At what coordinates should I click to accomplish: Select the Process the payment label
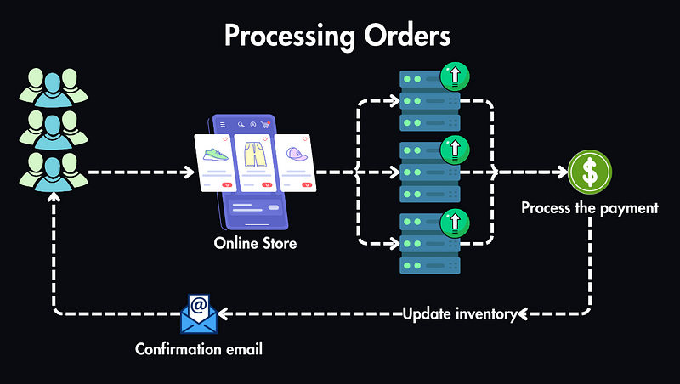(x=589, y=207)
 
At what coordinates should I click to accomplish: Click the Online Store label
(x=255, y=245)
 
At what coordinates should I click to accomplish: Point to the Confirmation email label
(x=198, y=349)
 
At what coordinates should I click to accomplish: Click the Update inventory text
(x=460, y=313)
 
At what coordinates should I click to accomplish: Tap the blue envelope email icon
(x=199, y=313)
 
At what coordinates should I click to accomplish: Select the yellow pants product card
(x=254, y=161)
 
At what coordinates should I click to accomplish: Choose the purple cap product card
(x=295, y=161)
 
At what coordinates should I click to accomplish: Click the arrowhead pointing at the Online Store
(x=188, y=172)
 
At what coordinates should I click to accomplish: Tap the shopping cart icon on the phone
(x=266, y=125)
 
